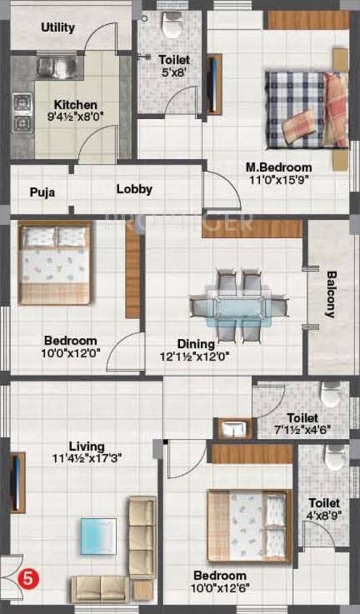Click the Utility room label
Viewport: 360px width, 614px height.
tap(58, 28)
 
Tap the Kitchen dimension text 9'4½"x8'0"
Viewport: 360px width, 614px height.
tap(75, 118)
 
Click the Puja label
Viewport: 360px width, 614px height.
tap(42, 192)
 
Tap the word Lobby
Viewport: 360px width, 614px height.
tap(134, 189)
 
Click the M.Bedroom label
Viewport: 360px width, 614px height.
tap(278, 167)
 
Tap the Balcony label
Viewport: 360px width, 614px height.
tap(331, 296)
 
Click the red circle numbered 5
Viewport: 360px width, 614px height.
tap(28, 576)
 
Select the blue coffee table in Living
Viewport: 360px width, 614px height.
tap(98, 536)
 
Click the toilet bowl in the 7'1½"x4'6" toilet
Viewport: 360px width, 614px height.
tap(331, 394)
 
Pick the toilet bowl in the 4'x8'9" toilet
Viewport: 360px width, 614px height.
tap(334, 457)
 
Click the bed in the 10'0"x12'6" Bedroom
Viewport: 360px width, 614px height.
tap(247, 525)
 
